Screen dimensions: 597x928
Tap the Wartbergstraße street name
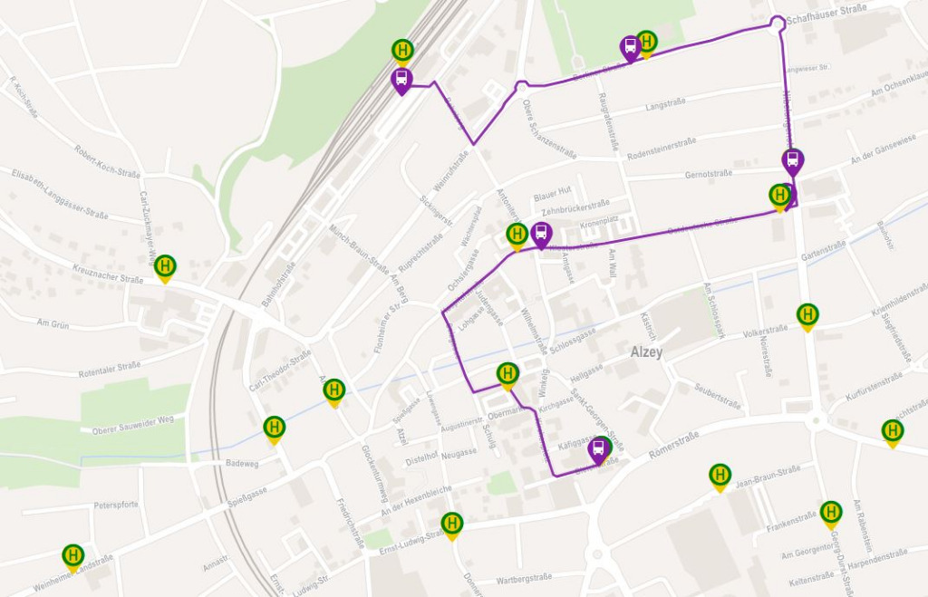524,577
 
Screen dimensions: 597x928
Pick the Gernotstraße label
708,174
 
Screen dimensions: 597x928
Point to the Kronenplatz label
598,221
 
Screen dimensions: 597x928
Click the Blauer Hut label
552,191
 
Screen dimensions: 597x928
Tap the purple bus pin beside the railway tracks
401,80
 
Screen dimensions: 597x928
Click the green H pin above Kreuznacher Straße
165,267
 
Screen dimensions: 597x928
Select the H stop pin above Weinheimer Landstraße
72,554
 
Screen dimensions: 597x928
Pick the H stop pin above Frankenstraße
831,513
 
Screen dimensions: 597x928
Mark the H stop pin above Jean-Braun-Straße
720,475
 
